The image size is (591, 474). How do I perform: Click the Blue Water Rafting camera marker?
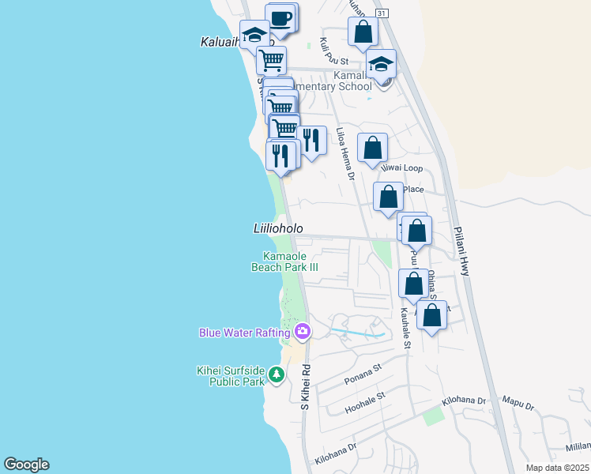pos(301,330)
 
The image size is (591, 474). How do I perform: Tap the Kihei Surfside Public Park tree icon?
pos(277,374)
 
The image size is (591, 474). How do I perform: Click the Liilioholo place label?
pos(278,228)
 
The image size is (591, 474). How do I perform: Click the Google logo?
pos(26,465)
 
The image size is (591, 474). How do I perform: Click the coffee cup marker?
pos(281,17)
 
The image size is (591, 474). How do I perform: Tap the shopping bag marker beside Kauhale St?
pos(413,283)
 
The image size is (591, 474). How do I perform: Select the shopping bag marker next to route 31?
pos(363,32)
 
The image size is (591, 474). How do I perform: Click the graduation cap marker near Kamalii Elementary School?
pos(382,65)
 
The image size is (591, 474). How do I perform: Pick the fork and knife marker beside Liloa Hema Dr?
pos(311,141)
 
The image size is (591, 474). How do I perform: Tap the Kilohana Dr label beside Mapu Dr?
pos(464,401)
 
